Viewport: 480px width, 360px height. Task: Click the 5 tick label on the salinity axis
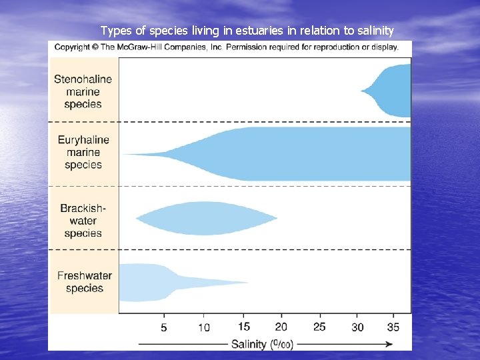164,327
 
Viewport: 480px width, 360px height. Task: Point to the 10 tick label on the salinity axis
203,327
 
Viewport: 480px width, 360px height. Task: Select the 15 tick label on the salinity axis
243,327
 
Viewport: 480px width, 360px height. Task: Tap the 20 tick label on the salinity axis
281,327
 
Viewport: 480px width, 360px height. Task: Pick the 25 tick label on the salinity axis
319,327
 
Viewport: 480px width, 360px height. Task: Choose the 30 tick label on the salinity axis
357,327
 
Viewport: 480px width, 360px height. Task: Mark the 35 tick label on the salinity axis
393,327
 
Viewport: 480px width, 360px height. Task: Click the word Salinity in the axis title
248,344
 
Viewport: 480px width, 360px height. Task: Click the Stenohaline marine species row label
83,91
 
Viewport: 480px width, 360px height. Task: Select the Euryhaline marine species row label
83,152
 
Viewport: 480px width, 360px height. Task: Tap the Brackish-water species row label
83,221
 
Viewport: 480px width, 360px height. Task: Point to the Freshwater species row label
84,281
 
